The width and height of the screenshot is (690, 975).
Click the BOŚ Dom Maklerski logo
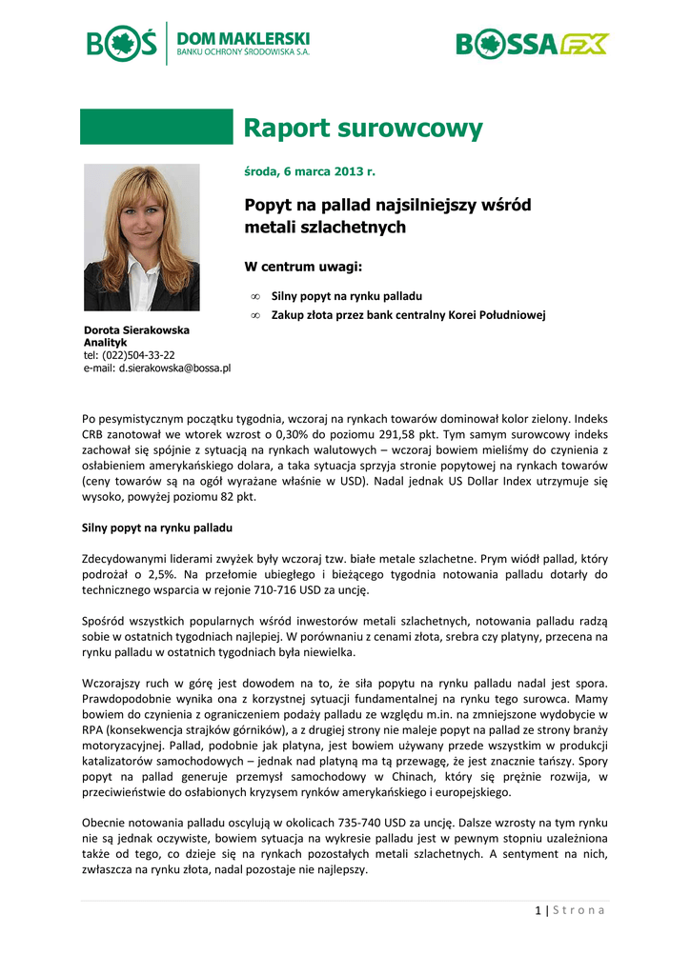[x=198, y=43]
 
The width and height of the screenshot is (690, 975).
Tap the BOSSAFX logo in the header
[x=532, y=44]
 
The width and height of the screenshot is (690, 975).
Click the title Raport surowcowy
[x=363, y=129]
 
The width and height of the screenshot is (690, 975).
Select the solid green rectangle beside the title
[x=156, y=127]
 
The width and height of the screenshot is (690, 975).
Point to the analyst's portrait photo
[x=141, y=237]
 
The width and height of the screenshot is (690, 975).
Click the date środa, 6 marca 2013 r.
[x=310, y=171]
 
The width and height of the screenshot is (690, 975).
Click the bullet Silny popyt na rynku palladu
[x=346, y=296]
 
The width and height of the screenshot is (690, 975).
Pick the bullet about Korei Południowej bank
[x=408, y=315]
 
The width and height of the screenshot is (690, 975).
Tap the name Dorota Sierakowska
[x=136, y=330]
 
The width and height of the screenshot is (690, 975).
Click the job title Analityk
[x=105, y=342]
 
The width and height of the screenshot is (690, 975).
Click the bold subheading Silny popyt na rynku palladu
[x=158, y=527]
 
